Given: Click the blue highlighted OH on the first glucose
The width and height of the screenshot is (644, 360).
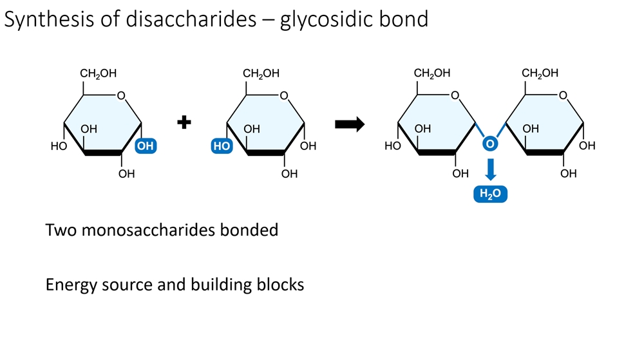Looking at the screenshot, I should [x=146, y=146].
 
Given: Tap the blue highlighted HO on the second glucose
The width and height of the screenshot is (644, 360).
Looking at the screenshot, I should [x=222, y=146].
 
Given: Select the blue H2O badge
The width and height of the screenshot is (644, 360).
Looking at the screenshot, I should [x=490, y=194].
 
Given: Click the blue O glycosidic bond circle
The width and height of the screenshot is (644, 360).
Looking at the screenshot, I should [x=490, y=144].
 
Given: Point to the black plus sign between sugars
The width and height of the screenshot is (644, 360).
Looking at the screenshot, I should [x=185, y=122].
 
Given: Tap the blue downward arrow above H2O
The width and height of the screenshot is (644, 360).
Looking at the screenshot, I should [x=490, y=169].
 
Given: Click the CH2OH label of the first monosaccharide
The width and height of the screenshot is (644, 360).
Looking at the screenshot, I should [x=98, y=74].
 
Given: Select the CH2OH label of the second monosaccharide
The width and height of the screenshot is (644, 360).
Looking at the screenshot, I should [x=261, y=74].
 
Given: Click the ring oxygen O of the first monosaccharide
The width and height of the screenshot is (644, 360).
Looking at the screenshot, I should [x=121, y=97].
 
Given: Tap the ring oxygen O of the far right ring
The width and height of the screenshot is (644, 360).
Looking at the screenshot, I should [x=563, y=97].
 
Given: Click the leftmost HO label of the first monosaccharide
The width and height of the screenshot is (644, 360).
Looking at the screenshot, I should [x=59, y=146].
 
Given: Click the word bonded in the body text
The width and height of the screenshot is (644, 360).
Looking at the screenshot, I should [x=255, y=230].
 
